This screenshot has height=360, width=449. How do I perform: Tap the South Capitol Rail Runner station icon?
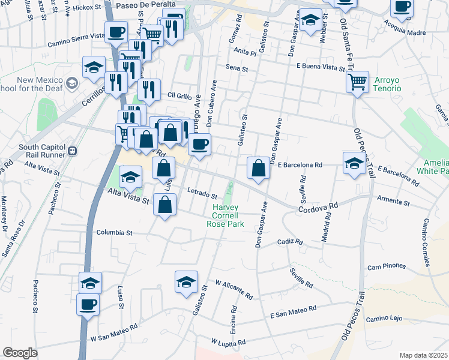point(71,151)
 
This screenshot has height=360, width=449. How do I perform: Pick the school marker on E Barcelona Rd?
point(354,162)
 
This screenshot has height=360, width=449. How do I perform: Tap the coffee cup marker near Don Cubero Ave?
point(199,144)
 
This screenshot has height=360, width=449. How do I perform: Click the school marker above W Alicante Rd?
point(186,281)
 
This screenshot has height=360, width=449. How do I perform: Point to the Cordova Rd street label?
point(318,206)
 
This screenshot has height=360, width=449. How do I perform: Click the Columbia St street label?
point(113,232)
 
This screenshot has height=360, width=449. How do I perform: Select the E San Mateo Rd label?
point(292,311)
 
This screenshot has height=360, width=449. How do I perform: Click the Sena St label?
point(237,69)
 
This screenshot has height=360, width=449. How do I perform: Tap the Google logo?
point(19,353)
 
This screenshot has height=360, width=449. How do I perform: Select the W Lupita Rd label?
point(226,341)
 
